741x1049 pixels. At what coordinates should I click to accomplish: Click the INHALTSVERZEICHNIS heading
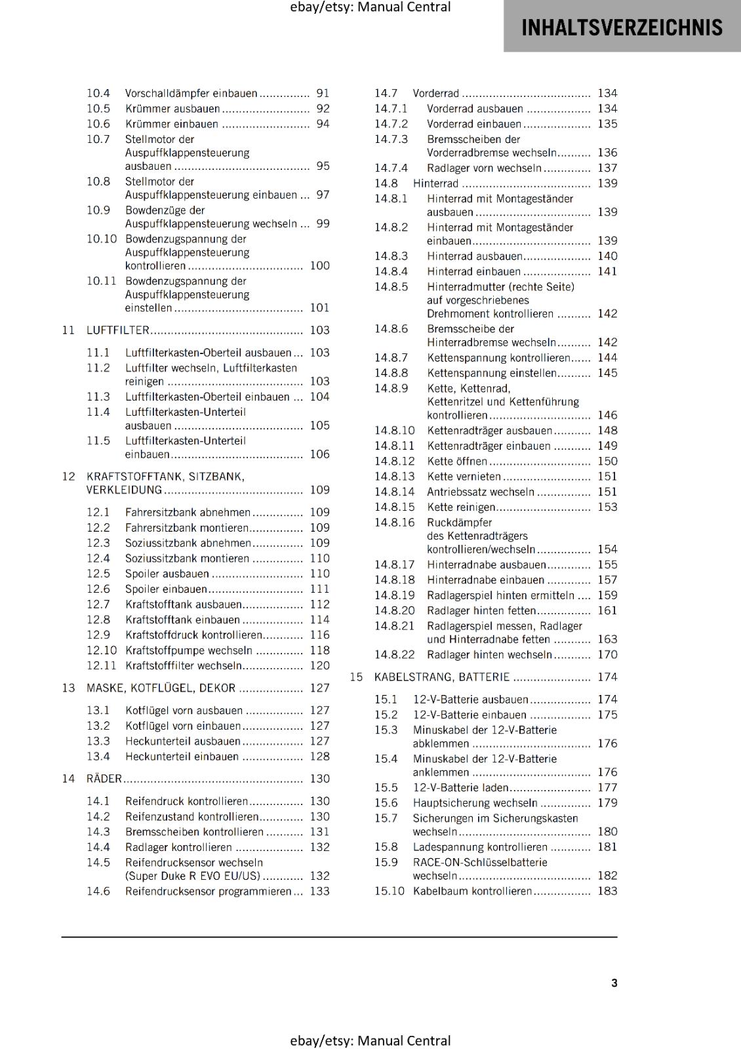622,28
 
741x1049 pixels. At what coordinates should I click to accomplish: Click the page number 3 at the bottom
614,983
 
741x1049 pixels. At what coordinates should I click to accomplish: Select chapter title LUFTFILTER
118,330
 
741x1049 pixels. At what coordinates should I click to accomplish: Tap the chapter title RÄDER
104,779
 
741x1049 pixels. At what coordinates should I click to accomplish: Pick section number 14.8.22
394,655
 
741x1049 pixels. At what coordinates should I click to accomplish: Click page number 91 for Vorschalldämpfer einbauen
323,94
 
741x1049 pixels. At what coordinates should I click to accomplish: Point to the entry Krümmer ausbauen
172,109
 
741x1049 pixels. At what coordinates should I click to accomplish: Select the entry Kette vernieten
464,477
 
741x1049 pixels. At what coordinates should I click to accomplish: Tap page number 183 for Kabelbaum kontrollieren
607,891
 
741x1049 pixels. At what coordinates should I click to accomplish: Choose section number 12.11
101,665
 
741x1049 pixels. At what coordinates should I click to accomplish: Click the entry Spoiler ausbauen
167,574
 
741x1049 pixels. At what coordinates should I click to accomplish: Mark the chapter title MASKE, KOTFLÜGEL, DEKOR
161,688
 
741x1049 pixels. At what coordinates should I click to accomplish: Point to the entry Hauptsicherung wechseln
475,803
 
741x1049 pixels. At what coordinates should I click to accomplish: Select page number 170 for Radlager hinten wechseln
607,655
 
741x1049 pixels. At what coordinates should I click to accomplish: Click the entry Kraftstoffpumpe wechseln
189,650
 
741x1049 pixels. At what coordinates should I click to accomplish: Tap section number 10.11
101,281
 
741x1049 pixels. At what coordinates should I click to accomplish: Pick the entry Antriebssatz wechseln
480,492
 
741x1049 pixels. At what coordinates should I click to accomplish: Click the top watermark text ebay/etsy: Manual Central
370,7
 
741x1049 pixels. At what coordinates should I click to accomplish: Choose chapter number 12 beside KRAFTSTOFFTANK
68,477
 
